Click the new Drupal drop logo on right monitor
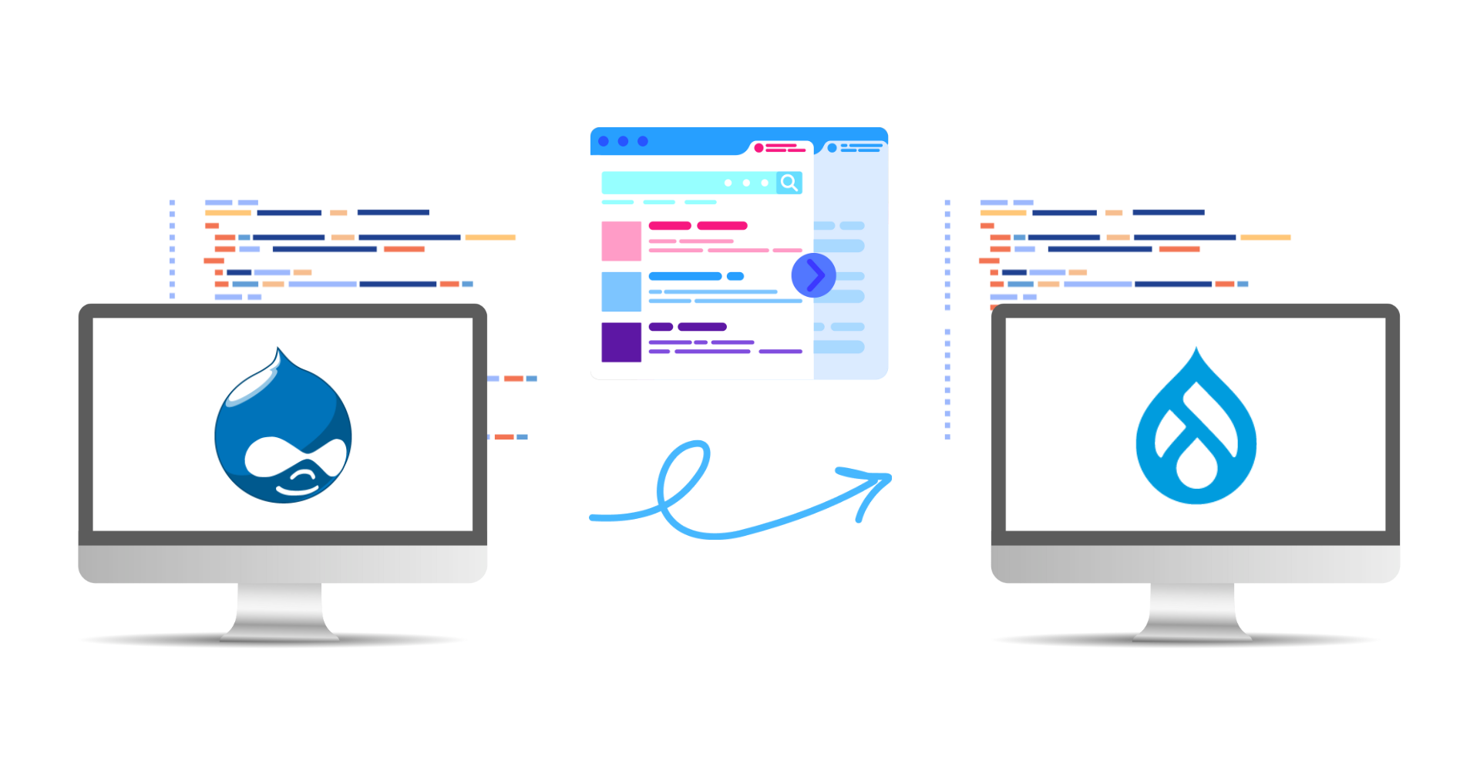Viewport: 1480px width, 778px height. [x=1196, y=432]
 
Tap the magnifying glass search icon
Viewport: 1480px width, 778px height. [x=789, y=183]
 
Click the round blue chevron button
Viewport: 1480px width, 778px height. [x=813, y=275]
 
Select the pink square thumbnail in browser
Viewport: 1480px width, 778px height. [x=621, y=241]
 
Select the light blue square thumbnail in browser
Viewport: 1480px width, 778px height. [x=621, y=291]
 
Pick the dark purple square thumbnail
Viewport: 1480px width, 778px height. [x=621, y=342]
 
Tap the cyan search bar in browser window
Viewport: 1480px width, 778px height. [x=686, y=183]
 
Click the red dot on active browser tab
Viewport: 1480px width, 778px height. [x=758, y=147]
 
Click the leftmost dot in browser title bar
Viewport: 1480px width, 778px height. [x=604, y=141]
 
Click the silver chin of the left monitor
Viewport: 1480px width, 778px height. [x=282, y=563]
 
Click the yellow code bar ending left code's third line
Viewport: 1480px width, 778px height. [x=490, y=237]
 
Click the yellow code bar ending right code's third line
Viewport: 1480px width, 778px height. [x=1266, y=237]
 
